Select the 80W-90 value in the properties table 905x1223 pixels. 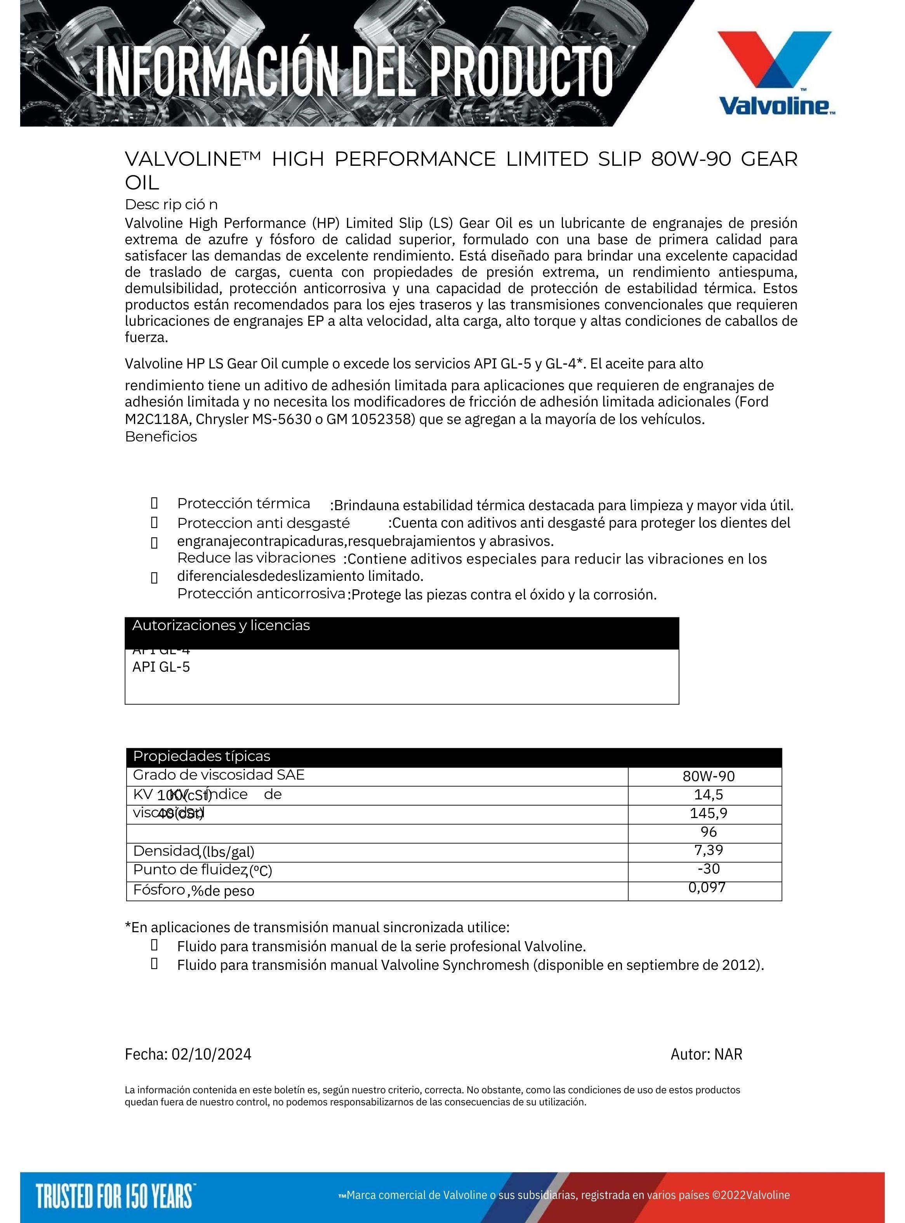click(708, 776)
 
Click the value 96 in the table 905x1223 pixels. click(708, 832)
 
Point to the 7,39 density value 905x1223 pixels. click(708, 850)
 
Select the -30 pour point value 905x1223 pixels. click(708, 869)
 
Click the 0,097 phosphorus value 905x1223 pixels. click(707, 887)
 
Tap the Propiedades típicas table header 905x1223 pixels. click(201, 756)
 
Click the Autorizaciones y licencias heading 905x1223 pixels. click(221, 625)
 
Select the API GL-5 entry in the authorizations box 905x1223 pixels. click(161, 667)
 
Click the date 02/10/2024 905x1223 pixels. click(212, 1054)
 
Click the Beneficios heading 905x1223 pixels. click(161, 437)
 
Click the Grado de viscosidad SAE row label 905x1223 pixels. click(219, 775)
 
